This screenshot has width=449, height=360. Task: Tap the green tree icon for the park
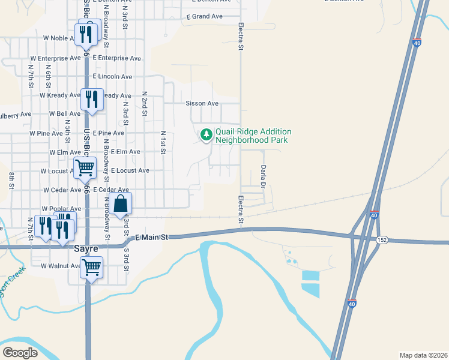pos(206,134)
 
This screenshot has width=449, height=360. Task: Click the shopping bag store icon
pos(121,205)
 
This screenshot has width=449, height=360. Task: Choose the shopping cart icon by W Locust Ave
pos(85,169)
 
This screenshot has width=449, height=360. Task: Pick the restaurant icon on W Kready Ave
pos(91,98)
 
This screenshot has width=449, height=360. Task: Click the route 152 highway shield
pos(382,240)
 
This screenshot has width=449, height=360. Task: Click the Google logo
pos(20,352)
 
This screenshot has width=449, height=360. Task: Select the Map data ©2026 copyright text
pos(423,355)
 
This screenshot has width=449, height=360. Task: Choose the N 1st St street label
pos(163,142)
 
